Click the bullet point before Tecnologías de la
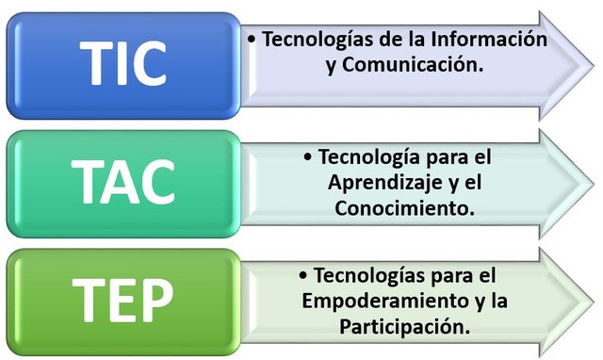pos(252,41)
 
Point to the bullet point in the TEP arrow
pos(302,277)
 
